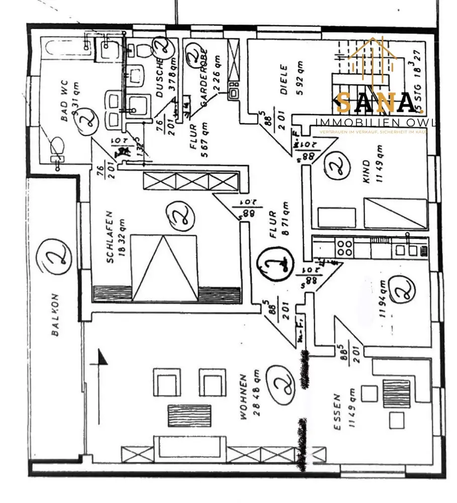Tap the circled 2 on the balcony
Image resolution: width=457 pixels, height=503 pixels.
[x=55, y=260]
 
